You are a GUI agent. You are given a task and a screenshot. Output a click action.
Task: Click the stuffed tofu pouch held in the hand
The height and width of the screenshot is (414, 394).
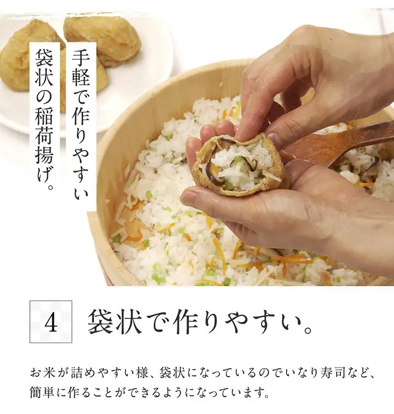[239, 166]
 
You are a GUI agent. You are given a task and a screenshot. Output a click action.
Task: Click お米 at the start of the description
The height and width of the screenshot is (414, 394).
[41, 373]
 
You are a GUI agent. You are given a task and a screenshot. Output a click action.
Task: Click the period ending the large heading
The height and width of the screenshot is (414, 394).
[307, 330]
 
